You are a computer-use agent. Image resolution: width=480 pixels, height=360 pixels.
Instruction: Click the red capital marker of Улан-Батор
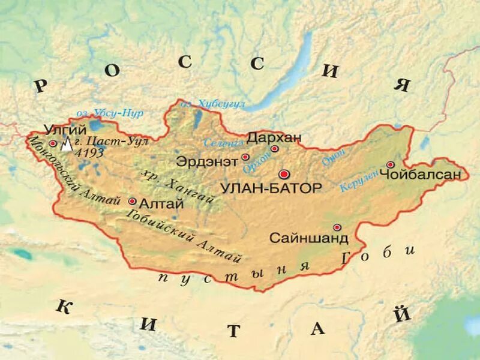point(284,173)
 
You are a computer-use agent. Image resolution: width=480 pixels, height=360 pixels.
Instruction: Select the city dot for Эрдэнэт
point(245,157)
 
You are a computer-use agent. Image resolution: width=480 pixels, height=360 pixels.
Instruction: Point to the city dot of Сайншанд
point(337,227)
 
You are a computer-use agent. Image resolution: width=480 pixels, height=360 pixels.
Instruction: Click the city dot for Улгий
point(53,143)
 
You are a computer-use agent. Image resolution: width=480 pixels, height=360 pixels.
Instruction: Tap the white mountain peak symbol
point(67,144)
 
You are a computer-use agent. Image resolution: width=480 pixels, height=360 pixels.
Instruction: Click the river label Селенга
point(223,143)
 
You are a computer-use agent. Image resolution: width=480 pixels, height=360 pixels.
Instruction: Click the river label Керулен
point(359,181)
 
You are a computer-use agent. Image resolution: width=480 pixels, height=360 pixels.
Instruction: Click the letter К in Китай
point(64,307)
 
